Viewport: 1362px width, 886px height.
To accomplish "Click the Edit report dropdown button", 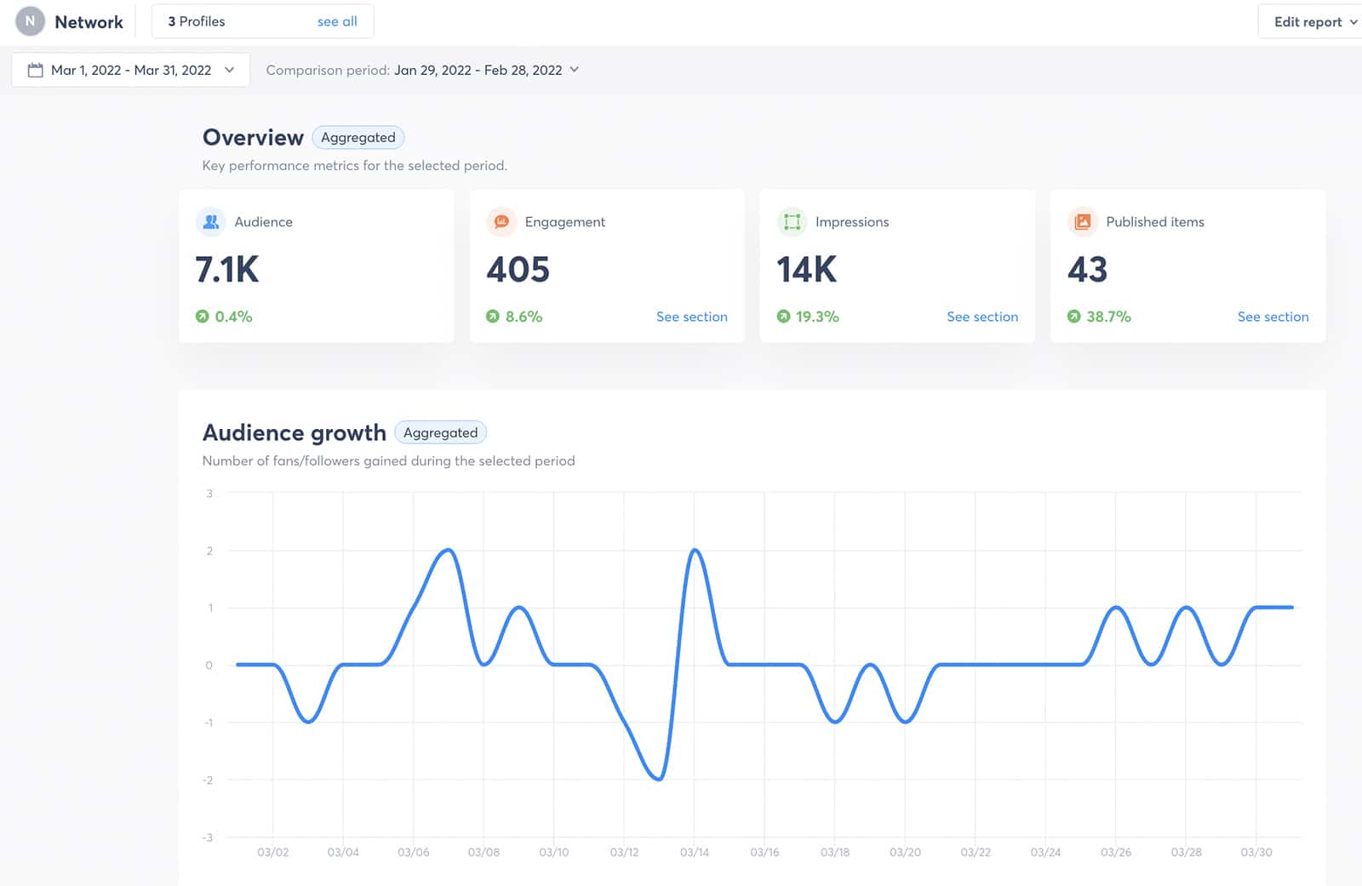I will pyautogui.click(x=1313, y=22).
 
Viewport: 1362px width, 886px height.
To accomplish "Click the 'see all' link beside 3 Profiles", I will pyautogui.click(x=337, y=21).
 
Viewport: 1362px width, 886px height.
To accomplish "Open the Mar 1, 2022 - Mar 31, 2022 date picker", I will pyautogui.click(x=130, y=70).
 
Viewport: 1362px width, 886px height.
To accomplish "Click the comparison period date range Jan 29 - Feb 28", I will pyautogui.click(x=478, y=70).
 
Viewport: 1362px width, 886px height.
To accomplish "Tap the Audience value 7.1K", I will pyautogui.click(x=227, y=270).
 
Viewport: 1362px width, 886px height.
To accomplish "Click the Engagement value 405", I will pyautogui.click(x=518, y=270).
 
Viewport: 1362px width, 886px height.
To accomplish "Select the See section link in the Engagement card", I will pyautogui.click(x=691, y=317).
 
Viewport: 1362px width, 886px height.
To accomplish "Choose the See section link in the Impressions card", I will pyautogui.click(x=981, y=317).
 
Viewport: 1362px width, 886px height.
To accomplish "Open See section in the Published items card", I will pyautogui.click(x=1273, y=317).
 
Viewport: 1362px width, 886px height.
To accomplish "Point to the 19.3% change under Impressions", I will pyautogui.click(x=816, y=317).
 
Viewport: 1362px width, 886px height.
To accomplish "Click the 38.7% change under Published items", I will pyautogui.click(x=1107, y=317).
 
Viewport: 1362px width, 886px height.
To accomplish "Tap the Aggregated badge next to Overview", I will pyautogui.click(x=358, y=137).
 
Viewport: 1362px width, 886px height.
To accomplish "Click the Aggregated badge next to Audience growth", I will pyautogui.click(x=440, y=432).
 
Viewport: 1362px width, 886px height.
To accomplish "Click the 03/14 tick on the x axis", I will pyautogui.click(x=694, y=852).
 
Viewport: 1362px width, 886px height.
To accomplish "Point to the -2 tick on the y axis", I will pyautogui.click(x=208, y=780).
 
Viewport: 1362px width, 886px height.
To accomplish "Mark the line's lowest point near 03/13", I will pyautogui.click(x=659, y=779).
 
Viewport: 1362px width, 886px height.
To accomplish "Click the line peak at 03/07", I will pyautogui.click(x=449, y=551).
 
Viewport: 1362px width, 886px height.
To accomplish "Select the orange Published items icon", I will pyautogui.click(x=1082, y=221).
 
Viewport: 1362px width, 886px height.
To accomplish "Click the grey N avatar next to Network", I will pyautogui.click(x=30, y=21).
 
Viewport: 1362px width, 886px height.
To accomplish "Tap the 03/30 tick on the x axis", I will pyautogui.click(x=1256, y=852).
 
